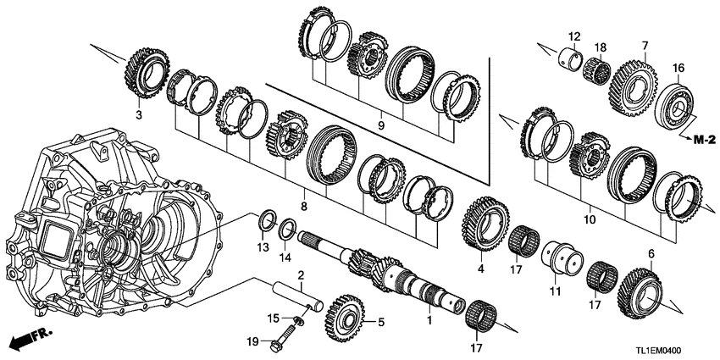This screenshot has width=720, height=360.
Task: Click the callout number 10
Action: tap(589, 219)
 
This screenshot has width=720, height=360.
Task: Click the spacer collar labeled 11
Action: tap(562, 255)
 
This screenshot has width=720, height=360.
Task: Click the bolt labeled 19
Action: tap(280, 346)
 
